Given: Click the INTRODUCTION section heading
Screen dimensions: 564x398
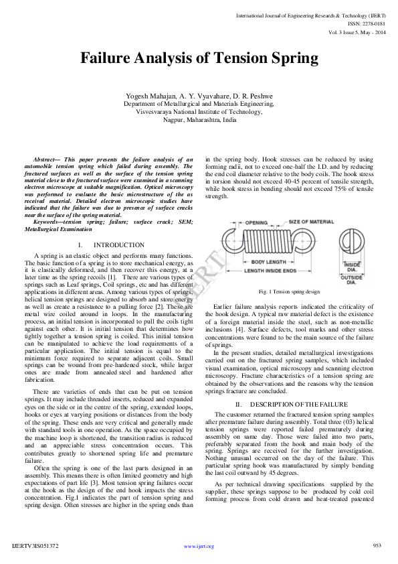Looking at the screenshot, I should tap(119, 245).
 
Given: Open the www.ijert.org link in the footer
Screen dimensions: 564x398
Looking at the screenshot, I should tap(199, 546).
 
